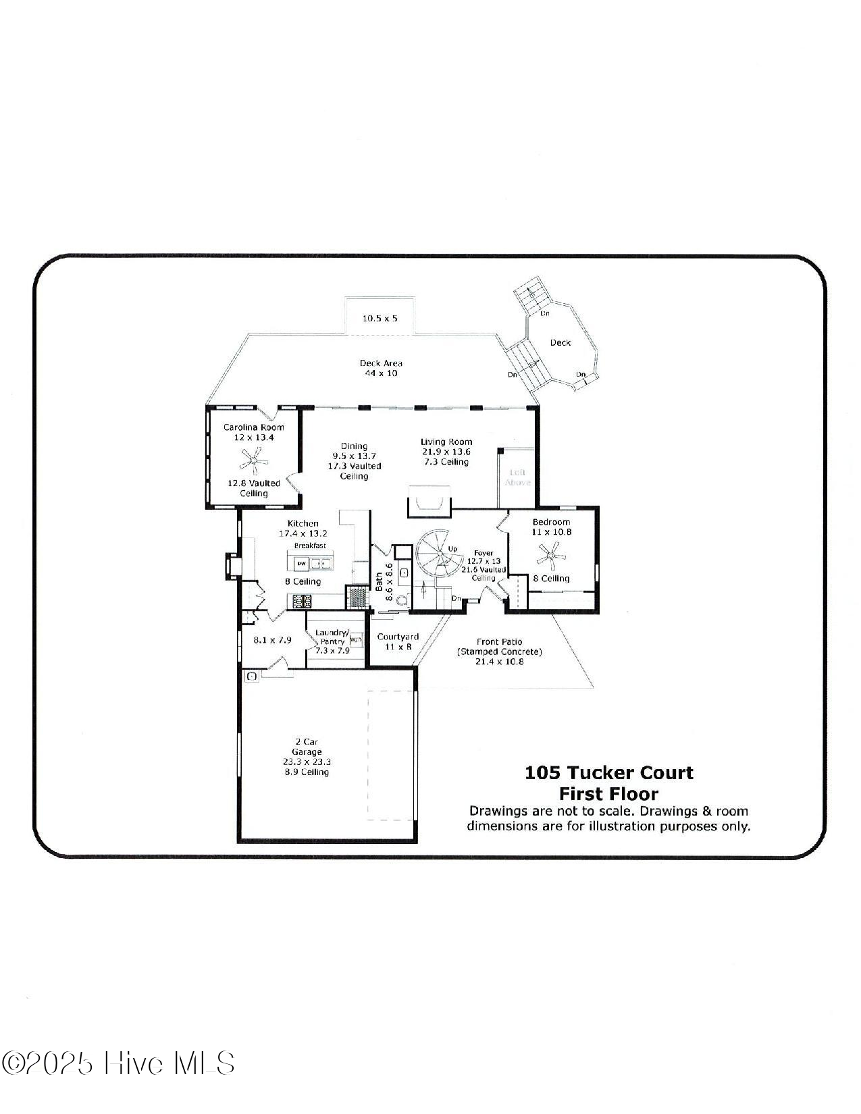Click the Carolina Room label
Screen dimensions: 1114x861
(x=253, y=427)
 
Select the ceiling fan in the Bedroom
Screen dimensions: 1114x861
(x=551, y=558)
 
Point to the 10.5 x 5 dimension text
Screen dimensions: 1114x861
(x=380, y=318)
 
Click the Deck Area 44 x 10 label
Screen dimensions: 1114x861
(x=380, y=368)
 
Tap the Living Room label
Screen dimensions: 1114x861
(x=446, y=442)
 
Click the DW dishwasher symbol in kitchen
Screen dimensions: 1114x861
(x=302, y=563)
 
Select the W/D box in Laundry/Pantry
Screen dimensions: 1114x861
(x=356, y=639)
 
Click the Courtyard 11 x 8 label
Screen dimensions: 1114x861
(x=398, y=641)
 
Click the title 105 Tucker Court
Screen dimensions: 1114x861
(x=608, y=772)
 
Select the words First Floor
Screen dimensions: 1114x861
(x=608, y=793)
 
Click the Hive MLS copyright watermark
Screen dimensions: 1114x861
(x=118, y=1063)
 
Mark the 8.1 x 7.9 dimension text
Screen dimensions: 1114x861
(x=272, y=639)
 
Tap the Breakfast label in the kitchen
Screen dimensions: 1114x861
(x=310, y=546)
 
